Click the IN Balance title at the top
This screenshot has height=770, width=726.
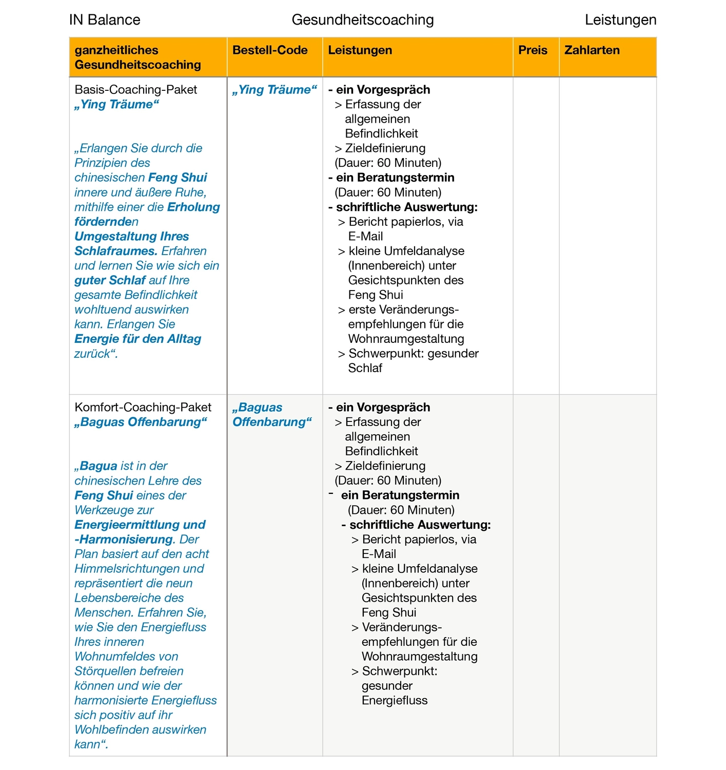[x=105, y=20]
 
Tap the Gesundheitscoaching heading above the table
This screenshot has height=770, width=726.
[x=362, y=20]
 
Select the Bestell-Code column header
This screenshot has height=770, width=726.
[x=270, y=50]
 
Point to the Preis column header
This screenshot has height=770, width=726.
[x=533, y=50]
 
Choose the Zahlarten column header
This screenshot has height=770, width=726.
[x=592, y=50]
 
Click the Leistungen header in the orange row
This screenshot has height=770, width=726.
[x=360, y=50]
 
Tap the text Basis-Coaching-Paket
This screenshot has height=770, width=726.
[x=135, y=90]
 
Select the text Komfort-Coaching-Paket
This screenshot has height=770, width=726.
[x=143, y=408]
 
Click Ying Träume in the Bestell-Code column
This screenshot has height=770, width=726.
[x=274, y=90]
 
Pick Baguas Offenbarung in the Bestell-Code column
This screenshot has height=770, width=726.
[x=271, y=415]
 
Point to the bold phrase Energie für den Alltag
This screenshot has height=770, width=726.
[x=138, y=339]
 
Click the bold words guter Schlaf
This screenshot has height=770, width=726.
[x=110, y=281]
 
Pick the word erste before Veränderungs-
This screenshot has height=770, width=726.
[x=362, y=310]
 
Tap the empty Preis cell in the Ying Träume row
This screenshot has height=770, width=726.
[x=536, y=236]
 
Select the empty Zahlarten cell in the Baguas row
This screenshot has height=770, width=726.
[x=607, y=575]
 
